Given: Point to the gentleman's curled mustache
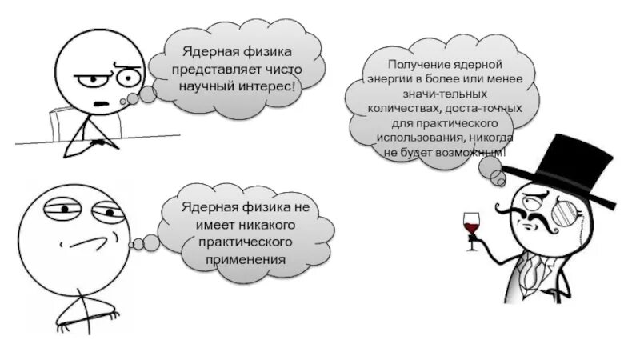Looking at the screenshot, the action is click(532, 210).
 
